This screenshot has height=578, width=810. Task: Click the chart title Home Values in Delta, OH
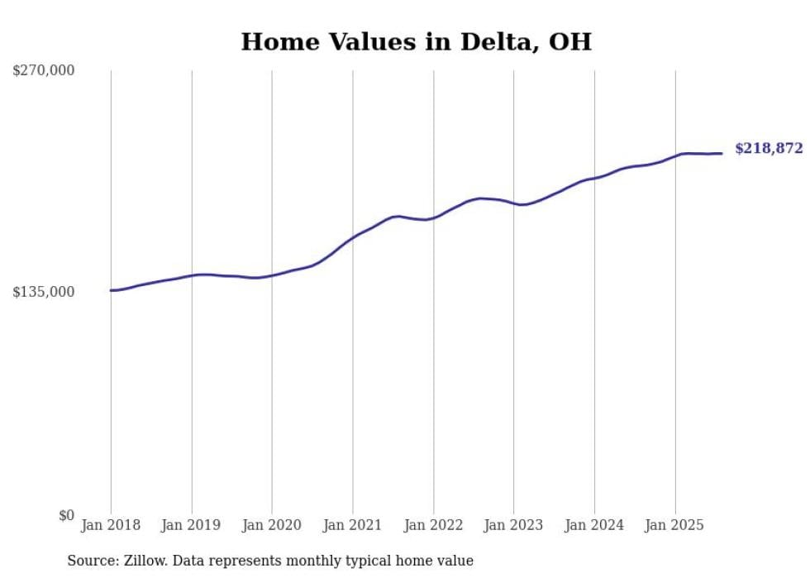(x=416, y=42)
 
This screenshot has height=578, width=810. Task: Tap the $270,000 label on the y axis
(x=43, y=71)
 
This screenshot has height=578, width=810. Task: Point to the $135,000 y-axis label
(x=43, y=292)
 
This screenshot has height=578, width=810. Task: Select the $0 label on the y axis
(x=66, y=515)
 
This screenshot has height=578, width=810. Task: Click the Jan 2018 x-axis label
(x=111, y=525)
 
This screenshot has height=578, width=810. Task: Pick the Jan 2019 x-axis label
(x=192, y=525)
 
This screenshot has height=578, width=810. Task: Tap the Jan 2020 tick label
(x=272, y=525)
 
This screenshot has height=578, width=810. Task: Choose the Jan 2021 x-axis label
(x=353, y=525)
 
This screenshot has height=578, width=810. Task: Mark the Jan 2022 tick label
(x=433, y=525)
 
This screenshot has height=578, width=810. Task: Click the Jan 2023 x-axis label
(x=513, y=525)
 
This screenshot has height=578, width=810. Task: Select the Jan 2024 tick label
(x=594, y=525)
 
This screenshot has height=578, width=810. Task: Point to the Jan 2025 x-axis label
(x=675, y=525)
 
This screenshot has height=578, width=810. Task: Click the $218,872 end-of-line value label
(x=769, y=149)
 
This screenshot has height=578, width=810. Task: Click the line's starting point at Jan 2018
(x=111, y=290)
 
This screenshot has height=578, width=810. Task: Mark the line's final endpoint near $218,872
(x=722, y=153)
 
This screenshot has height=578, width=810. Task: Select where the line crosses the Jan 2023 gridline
(x=513, y=203)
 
